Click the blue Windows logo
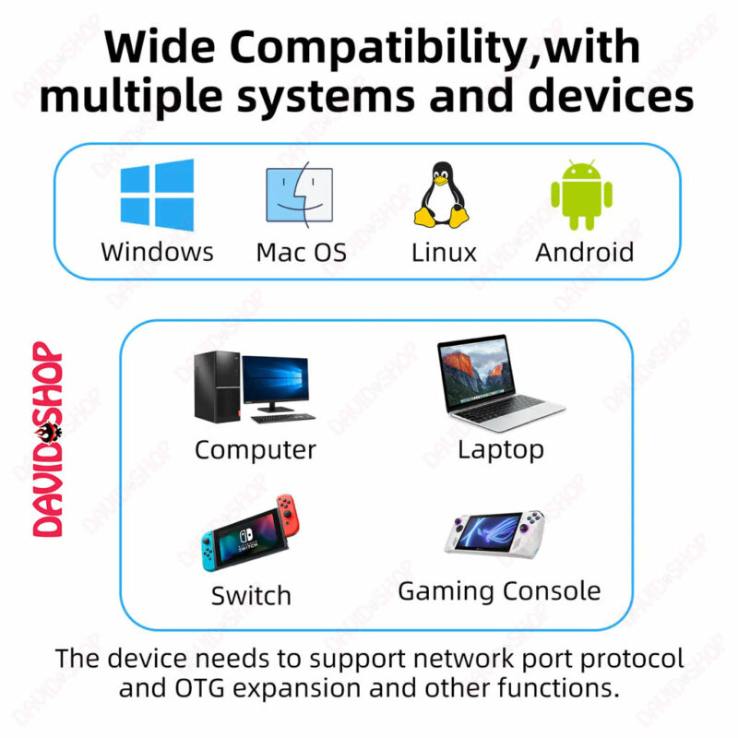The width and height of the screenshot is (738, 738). click(157, 195)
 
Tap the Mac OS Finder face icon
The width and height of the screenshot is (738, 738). click(299, 195)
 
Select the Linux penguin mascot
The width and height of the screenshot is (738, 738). click(442, 195)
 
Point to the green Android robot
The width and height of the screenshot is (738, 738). click(582, 195)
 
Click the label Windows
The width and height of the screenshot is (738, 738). click(157, 252)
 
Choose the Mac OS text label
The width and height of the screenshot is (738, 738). click(302, 252)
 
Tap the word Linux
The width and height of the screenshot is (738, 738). click(444, 252)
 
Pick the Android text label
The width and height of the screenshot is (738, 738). click(585, 252)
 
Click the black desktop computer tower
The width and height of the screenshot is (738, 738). click(218, 387)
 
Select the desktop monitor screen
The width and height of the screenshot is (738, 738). click(276, 379)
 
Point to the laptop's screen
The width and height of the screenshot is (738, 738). click(476, 372)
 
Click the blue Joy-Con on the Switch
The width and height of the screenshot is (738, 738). click(209, 552)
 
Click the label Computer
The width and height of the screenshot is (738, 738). click(256, 450)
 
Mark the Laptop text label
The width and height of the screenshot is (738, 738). click(501, 450)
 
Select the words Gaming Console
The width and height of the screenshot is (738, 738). click(499, 591)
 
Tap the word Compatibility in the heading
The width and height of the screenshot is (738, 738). click(378, 48)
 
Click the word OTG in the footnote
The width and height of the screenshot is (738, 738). click(200, 688)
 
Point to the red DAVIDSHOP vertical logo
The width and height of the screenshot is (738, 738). click(48, 439)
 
